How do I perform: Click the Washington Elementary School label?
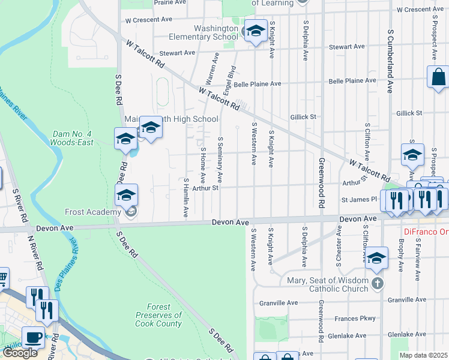(216, 32)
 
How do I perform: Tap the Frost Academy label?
(94, 212)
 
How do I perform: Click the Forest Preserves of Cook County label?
(158, 315)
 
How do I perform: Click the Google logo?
(20, 353)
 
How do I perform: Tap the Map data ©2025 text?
(423, 355)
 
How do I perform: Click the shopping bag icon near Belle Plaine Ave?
(438, 77)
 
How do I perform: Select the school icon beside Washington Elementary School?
(256, 31)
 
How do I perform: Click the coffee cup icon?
(33, 337)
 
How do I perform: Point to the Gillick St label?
(303, 117)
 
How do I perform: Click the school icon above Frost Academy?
(127, 195)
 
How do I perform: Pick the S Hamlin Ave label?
(186, 198)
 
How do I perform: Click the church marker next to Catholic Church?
(377, 283)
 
